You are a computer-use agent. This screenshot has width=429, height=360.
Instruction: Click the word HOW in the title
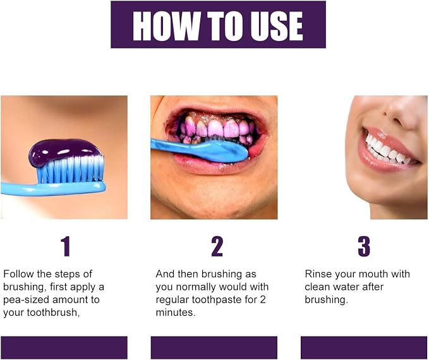tap(166, 27)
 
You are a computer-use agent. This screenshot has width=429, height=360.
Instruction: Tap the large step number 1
tap(66, 246)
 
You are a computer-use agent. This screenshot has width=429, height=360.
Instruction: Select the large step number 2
tap(217, 246)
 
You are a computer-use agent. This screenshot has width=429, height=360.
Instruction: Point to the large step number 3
tap(364, 246)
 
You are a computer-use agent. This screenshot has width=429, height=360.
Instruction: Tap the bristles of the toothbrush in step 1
tap(70, 170)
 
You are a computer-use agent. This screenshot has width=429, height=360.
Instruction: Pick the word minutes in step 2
tap(176, 313)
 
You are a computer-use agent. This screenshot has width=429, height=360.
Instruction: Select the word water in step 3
tap(346, 287)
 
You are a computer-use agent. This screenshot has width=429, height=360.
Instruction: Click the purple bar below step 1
tap(64, 348)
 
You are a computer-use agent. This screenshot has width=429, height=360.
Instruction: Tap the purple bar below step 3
tap(364, 348)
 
